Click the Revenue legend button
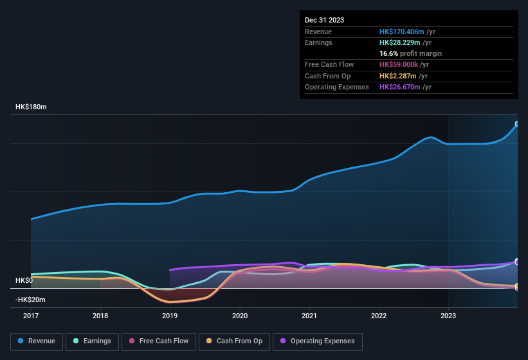[37, 341]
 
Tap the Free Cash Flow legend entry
[159, 341]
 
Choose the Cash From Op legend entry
[235, 341]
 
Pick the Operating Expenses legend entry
[318, 341]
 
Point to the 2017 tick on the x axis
[31, 316]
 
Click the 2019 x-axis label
[170, 316]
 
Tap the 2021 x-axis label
[309, 316]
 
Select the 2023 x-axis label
[448, 316]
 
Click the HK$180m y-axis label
[31, 107]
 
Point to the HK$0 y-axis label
[24, 281]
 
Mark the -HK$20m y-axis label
[31, 300]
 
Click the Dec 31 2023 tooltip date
[324, 20]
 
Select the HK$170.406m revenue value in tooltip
[401, 32]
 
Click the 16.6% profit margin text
[410, 53]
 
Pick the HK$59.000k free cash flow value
[399, 64]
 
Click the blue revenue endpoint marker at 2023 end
[517, 124]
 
